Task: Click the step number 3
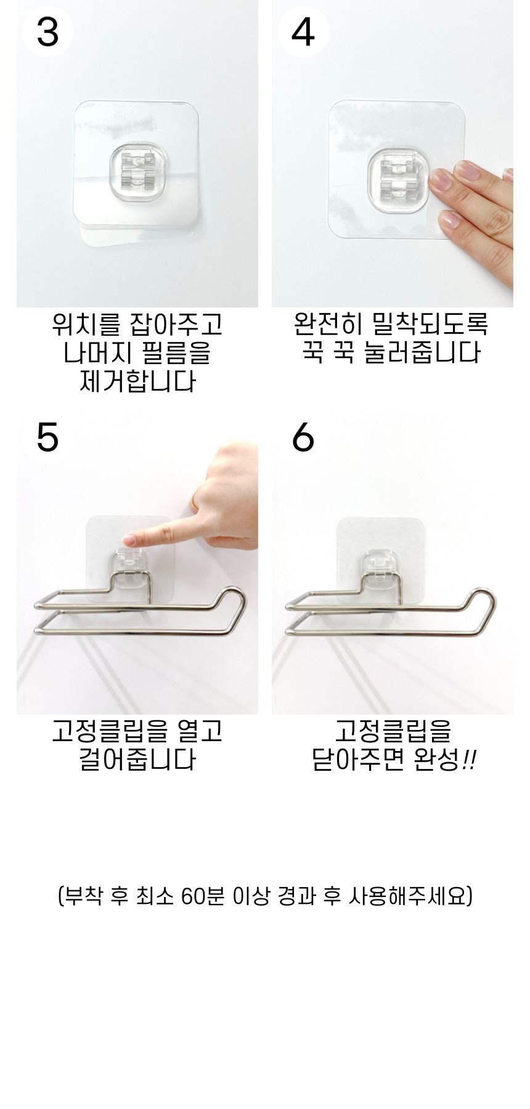[47, 32]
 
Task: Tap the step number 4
[303, 32]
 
